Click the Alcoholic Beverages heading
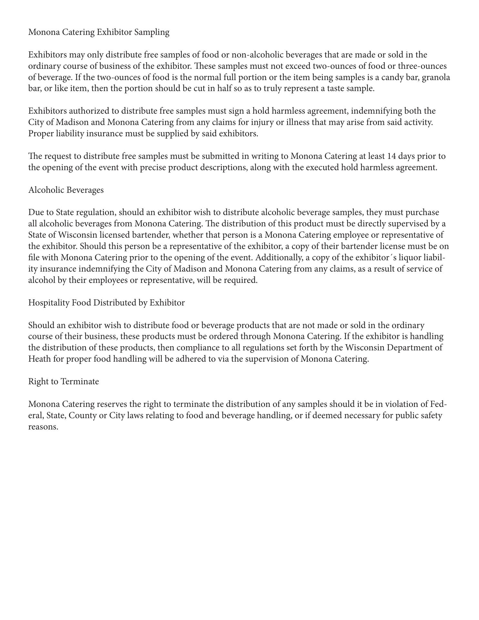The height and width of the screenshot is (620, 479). (66, 190)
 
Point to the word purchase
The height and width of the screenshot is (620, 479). (422, 212)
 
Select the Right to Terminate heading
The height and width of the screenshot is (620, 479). (64, 382)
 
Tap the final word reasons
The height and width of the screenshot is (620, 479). (43, 427)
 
